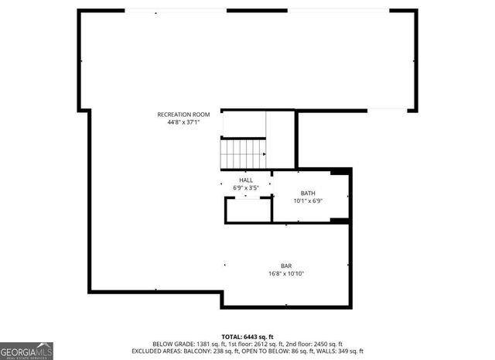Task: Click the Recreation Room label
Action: tap(183, 115)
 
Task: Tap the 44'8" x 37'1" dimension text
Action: tap(183, 122)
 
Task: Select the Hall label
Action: tap(246, 180)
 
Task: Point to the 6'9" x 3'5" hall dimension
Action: tap(246, 187)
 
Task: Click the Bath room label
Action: tap(308, 194)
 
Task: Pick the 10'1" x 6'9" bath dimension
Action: tap(308, 201)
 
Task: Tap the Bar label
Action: tap(286, 266)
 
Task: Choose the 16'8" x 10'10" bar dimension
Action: tap(286, 273)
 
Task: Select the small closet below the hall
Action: tap(247, 210)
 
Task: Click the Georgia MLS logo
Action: tap(26, 350)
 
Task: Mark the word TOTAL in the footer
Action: tap(231, 337)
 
